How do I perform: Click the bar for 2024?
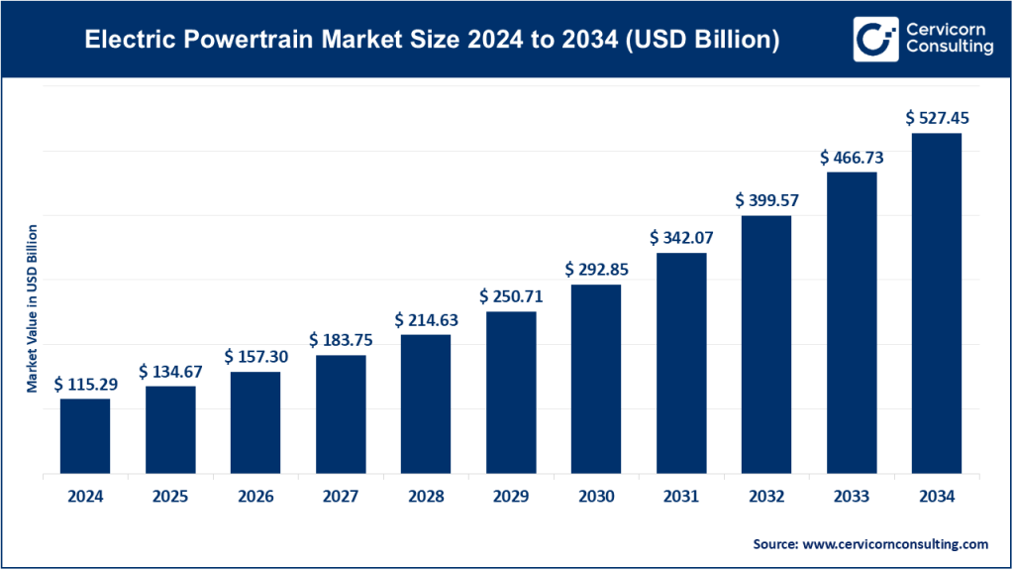tap(85, 436)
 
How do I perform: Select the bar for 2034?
tap(937, 303)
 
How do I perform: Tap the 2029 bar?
tap(511, 393)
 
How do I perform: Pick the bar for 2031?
tap(681, 363)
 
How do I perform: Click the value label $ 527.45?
tap(937, 118)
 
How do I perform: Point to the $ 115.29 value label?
tap(86, 384)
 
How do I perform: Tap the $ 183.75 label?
tap(341, 340)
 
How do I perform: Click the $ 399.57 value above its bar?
tap(766, 200)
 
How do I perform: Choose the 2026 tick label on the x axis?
tap(255, 496)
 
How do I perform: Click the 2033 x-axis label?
tap(852, 496)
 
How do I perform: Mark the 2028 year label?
tap(426, 496)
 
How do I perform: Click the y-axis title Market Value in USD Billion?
tap(32, 308)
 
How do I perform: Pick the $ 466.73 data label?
tap(852, 158)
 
